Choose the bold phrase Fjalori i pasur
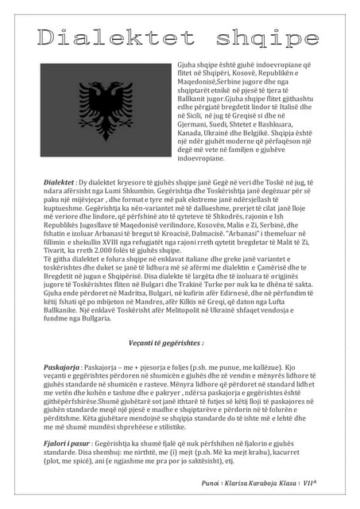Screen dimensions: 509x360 pos(66,441)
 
